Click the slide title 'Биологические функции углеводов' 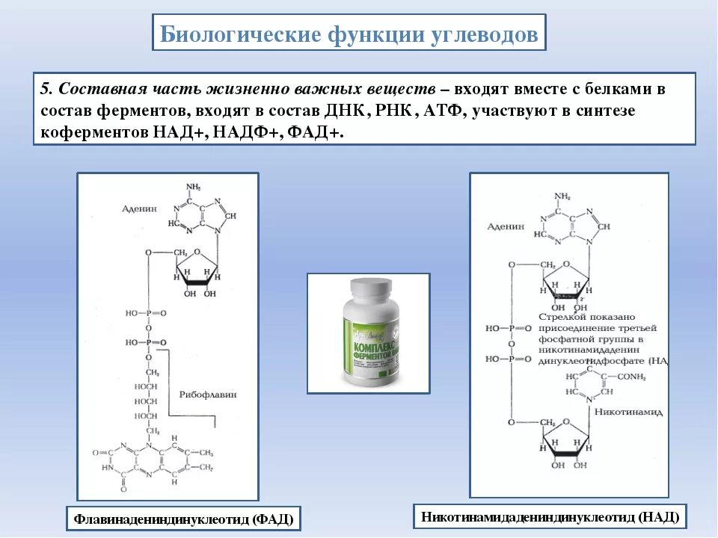[x=349, y=34]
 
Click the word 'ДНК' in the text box [x=346, y=110]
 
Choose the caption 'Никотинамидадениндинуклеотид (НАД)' [x=550, y=516]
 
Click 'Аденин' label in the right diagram [x=506, y=226]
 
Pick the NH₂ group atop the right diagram [x=562, y=196]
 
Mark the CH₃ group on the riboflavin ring [x=206, y=453]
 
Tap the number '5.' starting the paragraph [x=46, y=89]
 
